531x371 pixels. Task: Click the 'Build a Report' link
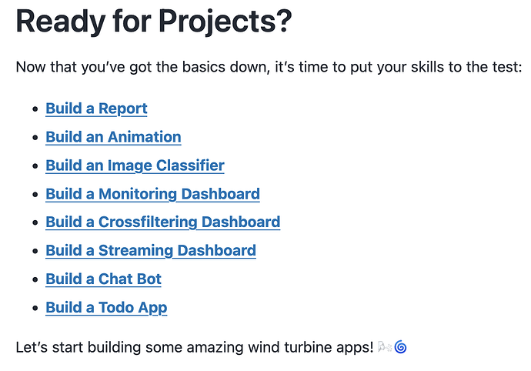96,109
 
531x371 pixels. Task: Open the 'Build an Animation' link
113,137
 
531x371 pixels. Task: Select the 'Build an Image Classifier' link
135,165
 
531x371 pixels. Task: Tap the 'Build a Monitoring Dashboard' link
152,194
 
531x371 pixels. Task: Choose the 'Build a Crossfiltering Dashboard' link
163,222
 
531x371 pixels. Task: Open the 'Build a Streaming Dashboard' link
151,250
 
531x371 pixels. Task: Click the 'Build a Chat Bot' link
103,279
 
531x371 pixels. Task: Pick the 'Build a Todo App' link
106,307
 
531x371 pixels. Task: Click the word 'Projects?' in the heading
225,22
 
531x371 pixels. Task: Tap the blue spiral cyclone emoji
401,347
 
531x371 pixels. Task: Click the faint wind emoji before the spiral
385,346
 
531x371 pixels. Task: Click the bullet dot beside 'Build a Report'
35,109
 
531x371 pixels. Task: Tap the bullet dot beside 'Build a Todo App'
35,308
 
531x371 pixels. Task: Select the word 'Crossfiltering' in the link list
148,222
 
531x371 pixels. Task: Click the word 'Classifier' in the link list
190,165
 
